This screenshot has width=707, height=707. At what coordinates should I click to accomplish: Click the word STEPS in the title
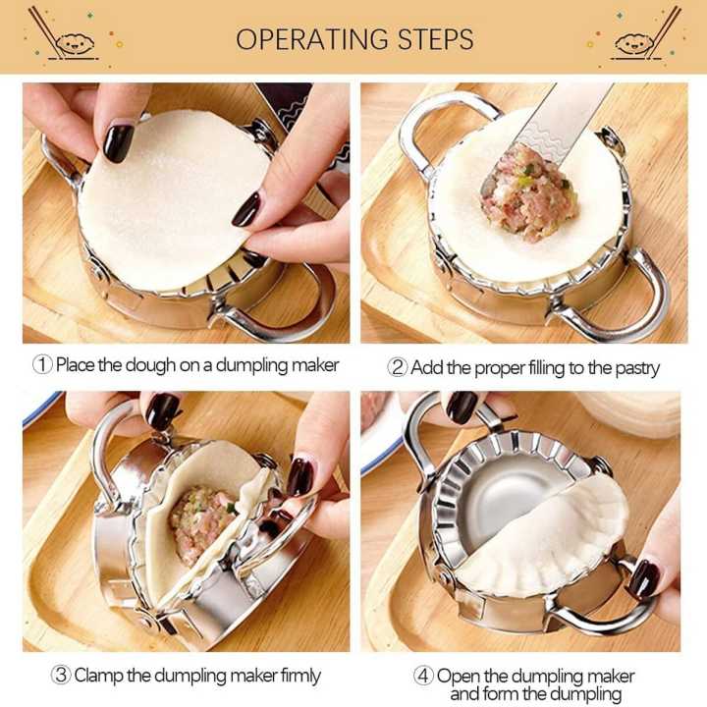point(433,40)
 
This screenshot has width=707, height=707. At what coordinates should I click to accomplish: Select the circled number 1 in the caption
point(42,365)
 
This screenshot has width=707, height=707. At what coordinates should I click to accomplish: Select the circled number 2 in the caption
point(398,368)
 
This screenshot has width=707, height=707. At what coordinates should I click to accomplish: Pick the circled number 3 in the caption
point(60,676)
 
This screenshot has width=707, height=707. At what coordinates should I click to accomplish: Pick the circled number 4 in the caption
point(423,677)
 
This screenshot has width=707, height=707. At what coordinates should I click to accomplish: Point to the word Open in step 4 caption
point(458,677)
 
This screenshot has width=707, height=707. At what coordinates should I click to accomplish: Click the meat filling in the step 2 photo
point(528,193)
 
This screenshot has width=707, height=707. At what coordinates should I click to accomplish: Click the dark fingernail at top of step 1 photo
point(119,142)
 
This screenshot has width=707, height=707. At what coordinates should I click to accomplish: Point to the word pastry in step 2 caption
point(634,368)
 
